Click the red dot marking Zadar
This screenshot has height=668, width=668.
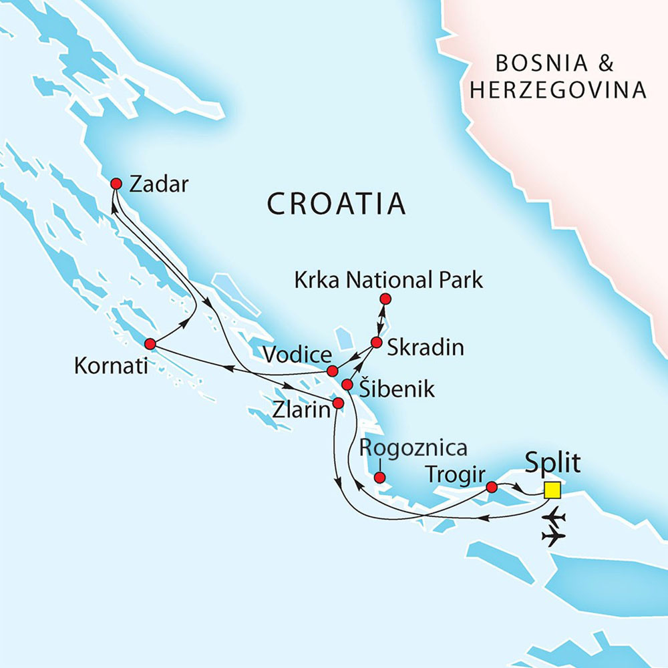[116, 184]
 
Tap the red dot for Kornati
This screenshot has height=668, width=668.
[150, 344]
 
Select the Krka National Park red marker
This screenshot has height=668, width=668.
[385, 299]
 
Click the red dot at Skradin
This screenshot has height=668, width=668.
[376, 343]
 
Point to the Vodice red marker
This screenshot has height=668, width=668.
[331, 371]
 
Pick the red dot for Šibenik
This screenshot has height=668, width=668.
[347, 385]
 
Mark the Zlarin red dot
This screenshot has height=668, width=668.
[338, 403]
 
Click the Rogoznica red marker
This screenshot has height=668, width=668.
[379, 478]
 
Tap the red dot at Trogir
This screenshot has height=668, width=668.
[492, 487]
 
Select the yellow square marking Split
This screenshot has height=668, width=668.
[552, 490]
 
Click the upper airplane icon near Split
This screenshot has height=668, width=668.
[554, 517]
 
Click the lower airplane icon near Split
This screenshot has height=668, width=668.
[554, 536]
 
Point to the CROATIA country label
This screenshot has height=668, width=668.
[336, 204]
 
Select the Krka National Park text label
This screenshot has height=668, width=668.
[388, 281]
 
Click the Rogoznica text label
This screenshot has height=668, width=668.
[413, 448]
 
